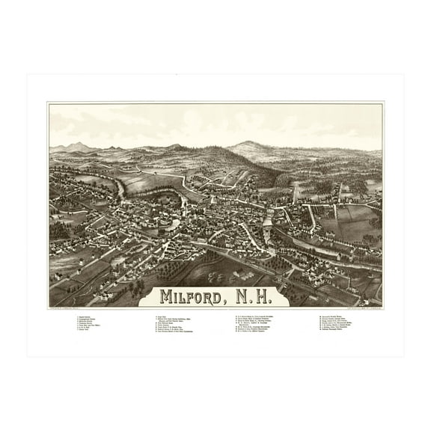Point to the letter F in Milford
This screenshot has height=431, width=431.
(x=194, y=296)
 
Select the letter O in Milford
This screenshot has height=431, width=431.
(x=205, y=296)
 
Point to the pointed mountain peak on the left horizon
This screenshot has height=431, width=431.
(x=77, y=144)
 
